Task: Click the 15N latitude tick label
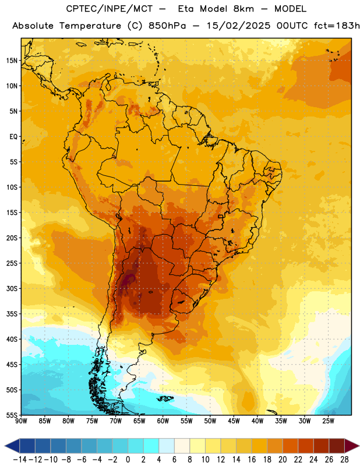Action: [12, 61]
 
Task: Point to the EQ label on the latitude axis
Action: [13, 137]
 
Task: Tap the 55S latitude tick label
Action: [12, 415]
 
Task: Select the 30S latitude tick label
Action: [12, 288]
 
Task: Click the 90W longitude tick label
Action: [21, 421]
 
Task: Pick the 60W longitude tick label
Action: [163, 421]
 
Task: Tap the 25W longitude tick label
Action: [328, 421]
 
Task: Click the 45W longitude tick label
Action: [234, 421]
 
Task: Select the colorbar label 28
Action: [344, 460]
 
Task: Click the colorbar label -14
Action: [20, 460]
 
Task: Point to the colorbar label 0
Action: [128, 460]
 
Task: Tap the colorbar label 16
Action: [252, 460]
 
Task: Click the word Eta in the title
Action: [186, 9]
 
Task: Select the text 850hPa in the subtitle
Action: [167, 26]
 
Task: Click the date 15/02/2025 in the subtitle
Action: [238, 26]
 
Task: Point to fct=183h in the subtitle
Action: [337, 26]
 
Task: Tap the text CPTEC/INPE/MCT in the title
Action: [109, 9]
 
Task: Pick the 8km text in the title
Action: [243, 9]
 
